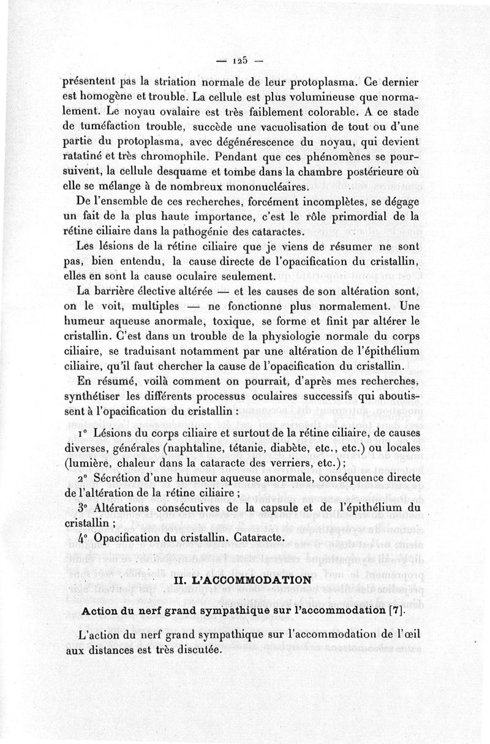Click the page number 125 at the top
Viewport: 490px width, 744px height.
(239, 61)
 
